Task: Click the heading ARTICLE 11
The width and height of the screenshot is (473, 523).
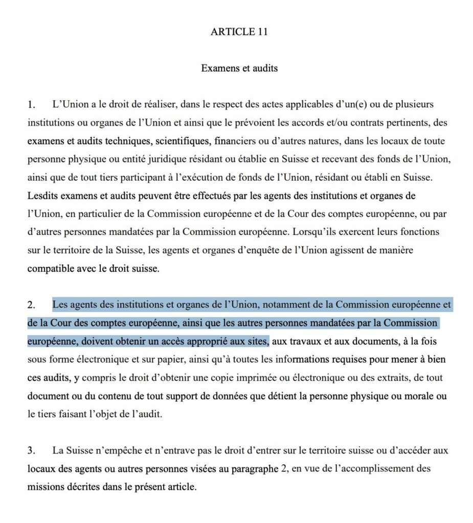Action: (x=239, y=32)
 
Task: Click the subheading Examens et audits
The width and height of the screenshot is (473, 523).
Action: (x=239, y=68)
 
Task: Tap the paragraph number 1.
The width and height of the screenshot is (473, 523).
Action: (x=32, y=105)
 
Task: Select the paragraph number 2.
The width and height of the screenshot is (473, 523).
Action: (x=32, y=305)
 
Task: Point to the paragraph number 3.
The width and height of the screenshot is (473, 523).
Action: (x=32, y=451)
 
